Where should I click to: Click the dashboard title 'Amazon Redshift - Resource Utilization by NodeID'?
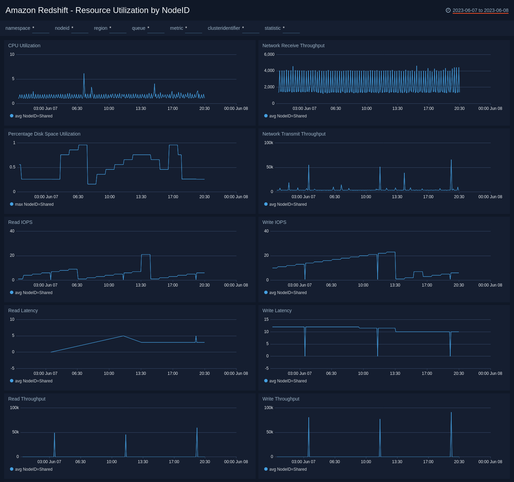click(97, 10)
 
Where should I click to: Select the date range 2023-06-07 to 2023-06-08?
click(480, 10)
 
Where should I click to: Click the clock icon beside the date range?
click(448, 10)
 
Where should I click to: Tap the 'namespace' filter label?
click(18, 28)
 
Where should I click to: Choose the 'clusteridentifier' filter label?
click(224, 28)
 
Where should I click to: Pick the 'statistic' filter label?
click(272, 28)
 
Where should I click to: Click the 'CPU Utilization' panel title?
click(24, 46)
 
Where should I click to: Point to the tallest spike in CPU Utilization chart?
click(84, 74)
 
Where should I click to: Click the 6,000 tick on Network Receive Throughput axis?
click(269, 54)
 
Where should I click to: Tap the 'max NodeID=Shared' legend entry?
click(34, 204)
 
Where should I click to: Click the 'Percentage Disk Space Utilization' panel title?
click(44, 134)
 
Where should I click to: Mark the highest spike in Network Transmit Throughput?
click(451, 160)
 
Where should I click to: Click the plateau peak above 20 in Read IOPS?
click(146, 255)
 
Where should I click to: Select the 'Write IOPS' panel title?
click(274, 222)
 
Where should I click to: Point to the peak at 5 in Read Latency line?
click(123, 336)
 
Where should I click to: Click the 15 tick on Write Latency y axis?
click(266, 319)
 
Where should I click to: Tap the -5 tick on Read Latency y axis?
click(13, 368)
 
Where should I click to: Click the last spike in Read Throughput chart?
click(197, 428)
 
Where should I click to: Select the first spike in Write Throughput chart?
click(309, 418)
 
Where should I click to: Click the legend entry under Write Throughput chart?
click(287, 469)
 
